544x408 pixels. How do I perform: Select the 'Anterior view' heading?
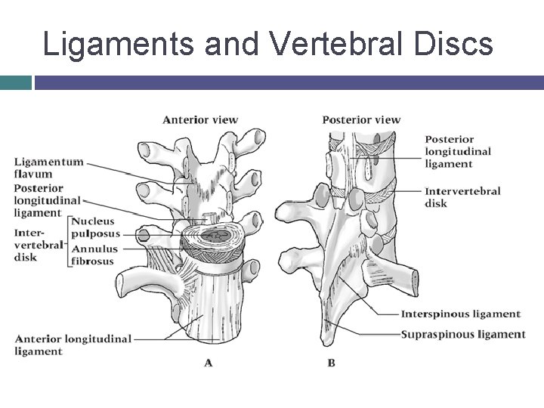coord(200,119)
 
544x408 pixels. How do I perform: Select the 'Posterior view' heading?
coord(361,119)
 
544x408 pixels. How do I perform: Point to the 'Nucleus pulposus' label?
coord(94,227)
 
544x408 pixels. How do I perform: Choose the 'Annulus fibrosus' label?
coord(94,255)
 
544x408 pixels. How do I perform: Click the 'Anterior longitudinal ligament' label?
coord(73,345)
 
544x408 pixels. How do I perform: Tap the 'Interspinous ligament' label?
coord(460,314)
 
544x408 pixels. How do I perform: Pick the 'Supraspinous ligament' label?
coord(462,334)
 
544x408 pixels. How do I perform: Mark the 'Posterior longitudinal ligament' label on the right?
coord(458,151)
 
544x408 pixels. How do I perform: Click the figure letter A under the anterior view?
coord(209,363)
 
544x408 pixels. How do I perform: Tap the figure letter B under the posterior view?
coord(331,363)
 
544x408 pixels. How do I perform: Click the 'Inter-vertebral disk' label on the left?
coord(36,245)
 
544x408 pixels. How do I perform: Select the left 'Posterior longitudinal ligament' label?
coord(46,200)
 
